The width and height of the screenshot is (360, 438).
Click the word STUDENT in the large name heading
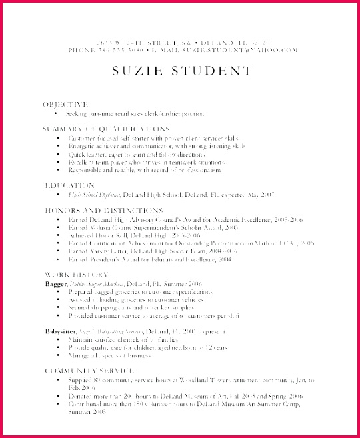click(212, 71)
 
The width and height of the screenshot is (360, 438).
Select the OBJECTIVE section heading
click(65, 105)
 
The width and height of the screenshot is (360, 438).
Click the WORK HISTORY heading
click(75, 256)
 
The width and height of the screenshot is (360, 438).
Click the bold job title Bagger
click(55, 265)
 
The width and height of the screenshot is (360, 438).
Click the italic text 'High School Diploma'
click(93, 194)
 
